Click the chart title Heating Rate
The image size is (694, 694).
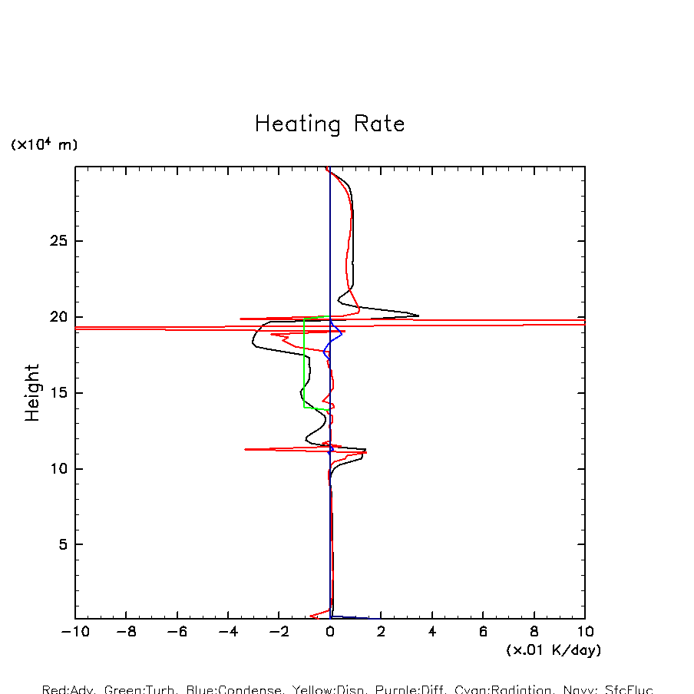(329, 124)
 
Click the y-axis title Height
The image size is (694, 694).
(32, 393)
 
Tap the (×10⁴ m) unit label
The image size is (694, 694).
(44, 144)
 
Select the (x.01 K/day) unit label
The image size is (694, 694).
(554, 650)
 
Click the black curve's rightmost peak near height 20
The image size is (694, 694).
(418, 315)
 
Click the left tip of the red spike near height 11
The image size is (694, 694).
(246, 449)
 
